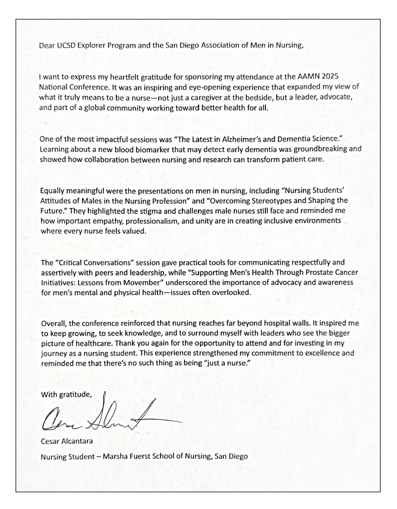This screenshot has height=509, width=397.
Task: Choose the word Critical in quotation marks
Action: tap(69, 263)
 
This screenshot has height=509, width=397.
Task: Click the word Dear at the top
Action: tap(47, 47)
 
